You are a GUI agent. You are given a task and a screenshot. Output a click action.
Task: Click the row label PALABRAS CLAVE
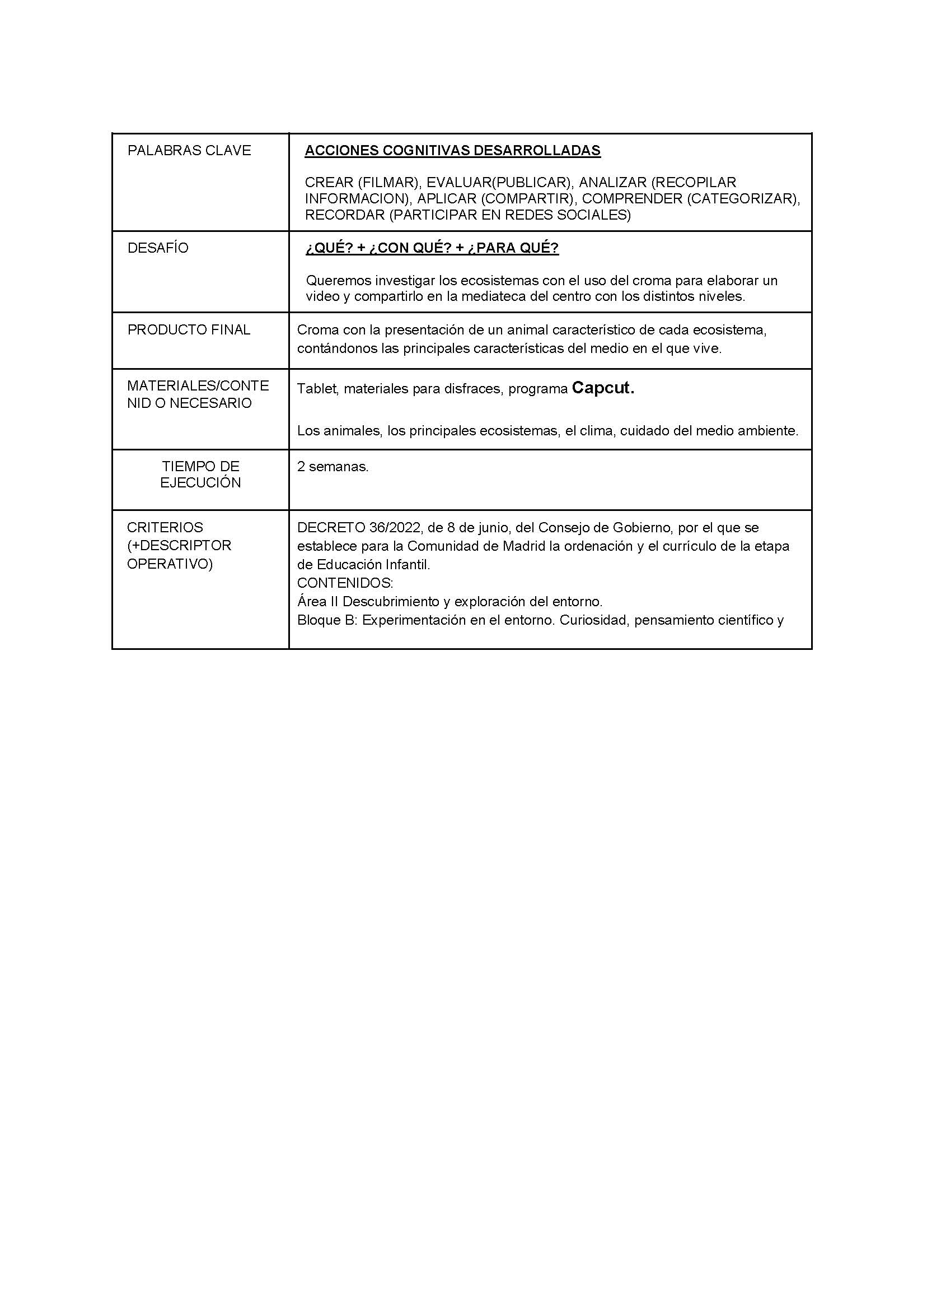tap(189, 151)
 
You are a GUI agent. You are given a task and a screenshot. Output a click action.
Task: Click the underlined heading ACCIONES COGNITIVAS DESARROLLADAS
tap(452, 151)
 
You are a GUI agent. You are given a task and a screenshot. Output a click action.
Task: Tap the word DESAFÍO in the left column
tap(157, 249)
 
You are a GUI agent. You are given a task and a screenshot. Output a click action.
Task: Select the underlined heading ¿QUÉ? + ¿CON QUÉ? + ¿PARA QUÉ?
tap(432, 249)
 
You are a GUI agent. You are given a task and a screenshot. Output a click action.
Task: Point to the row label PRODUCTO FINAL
tap(189, 330)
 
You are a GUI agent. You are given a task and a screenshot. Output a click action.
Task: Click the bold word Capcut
tap(603, 388)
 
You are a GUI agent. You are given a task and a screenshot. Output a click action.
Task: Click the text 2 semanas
tap(333, 467)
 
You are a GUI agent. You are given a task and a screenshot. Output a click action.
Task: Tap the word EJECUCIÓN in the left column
tap(200, 483)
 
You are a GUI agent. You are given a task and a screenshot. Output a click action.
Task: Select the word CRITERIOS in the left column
tap(165, 527)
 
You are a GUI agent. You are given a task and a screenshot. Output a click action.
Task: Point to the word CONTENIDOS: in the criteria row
tap(345, 583)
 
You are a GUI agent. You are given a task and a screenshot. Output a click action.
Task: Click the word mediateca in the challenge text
tap(494, 297)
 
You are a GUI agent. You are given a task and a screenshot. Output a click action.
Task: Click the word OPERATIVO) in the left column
tap(170, 564)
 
